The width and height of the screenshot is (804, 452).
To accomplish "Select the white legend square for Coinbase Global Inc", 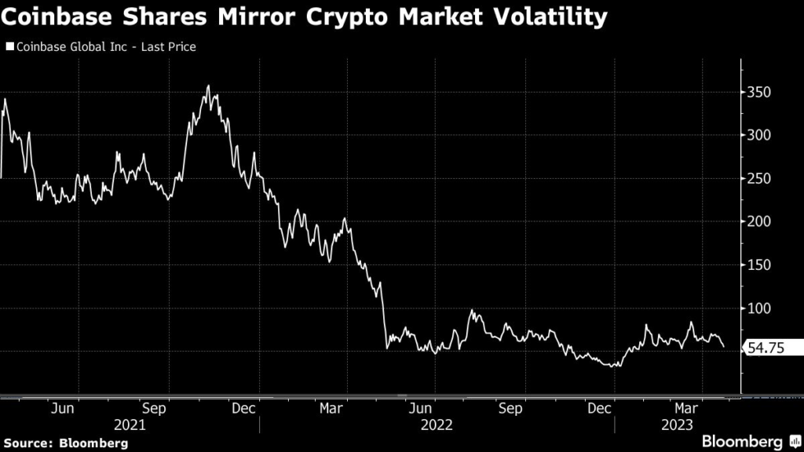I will (9, 47).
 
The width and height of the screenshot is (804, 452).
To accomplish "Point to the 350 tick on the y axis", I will (759, 93).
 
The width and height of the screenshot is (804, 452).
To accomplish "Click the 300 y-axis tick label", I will (759, 136).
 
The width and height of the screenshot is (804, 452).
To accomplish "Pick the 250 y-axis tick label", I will (759, 179).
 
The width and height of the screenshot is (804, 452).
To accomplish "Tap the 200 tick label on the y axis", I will (759, 222).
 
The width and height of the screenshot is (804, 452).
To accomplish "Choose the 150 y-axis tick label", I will (759, 265).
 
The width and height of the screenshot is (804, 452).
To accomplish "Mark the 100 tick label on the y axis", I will (759, 308).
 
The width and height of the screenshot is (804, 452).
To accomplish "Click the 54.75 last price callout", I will (772, 350).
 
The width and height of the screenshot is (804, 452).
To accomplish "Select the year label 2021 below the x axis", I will (130, 425).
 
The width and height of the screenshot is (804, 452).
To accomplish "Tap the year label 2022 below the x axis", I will (437, 425).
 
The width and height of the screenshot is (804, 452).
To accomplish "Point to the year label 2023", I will (676, 425).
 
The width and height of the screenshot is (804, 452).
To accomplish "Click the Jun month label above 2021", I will (63, 408).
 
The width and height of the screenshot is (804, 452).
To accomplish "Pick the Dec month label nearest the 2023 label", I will (601, 408).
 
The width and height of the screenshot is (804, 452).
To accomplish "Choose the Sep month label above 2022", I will (511, 408).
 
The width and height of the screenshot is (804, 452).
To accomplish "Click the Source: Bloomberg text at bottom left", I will (68, 443).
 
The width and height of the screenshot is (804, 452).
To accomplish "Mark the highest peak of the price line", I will (208, 86).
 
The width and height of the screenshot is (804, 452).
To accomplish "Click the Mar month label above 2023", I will (689, 408).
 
